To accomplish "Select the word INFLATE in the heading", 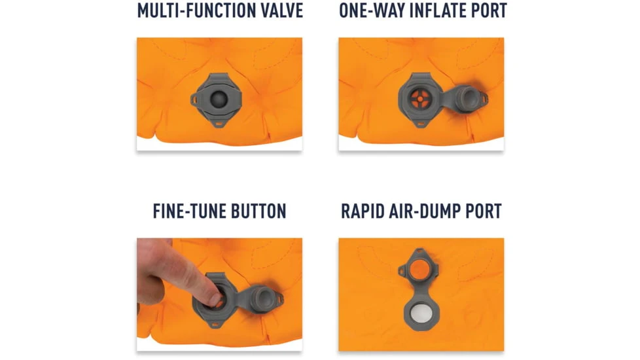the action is tap(438, 10).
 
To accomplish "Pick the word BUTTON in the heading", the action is tap(258, 211).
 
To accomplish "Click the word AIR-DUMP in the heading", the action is tap(426, 211).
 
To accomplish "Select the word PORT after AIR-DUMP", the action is tap(484, 211).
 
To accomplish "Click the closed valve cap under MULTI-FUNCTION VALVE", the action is tap(219, 99).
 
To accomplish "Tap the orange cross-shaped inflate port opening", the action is tap(420, 99).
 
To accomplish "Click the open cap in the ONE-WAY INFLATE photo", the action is tap(469, 98).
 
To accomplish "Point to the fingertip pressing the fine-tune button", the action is tap(215, 299).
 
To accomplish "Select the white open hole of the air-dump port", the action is tap(419, 314).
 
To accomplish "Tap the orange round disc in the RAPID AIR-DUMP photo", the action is tap(419, 270).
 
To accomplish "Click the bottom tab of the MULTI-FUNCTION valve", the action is tap(219, 123).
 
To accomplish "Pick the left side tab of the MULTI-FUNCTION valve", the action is tap(196, 99).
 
